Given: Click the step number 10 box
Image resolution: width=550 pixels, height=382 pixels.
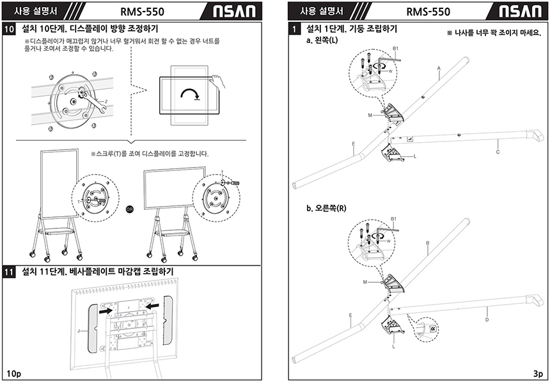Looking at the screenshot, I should [10, 29].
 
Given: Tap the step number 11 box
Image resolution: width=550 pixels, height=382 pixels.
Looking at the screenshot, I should [10, 272].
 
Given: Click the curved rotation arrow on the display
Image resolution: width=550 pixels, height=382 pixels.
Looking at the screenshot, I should [190, 94].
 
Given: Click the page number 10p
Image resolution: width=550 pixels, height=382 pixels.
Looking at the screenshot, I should [13, 372].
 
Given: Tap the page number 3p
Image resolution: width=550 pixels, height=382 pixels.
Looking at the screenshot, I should [537, 372].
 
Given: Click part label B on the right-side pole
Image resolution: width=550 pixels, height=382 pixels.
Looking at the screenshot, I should [427, 243].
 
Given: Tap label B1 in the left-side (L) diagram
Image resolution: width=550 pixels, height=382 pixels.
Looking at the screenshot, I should [395, 49].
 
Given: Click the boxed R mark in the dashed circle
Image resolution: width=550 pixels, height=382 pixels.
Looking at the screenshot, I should [432, 328].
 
